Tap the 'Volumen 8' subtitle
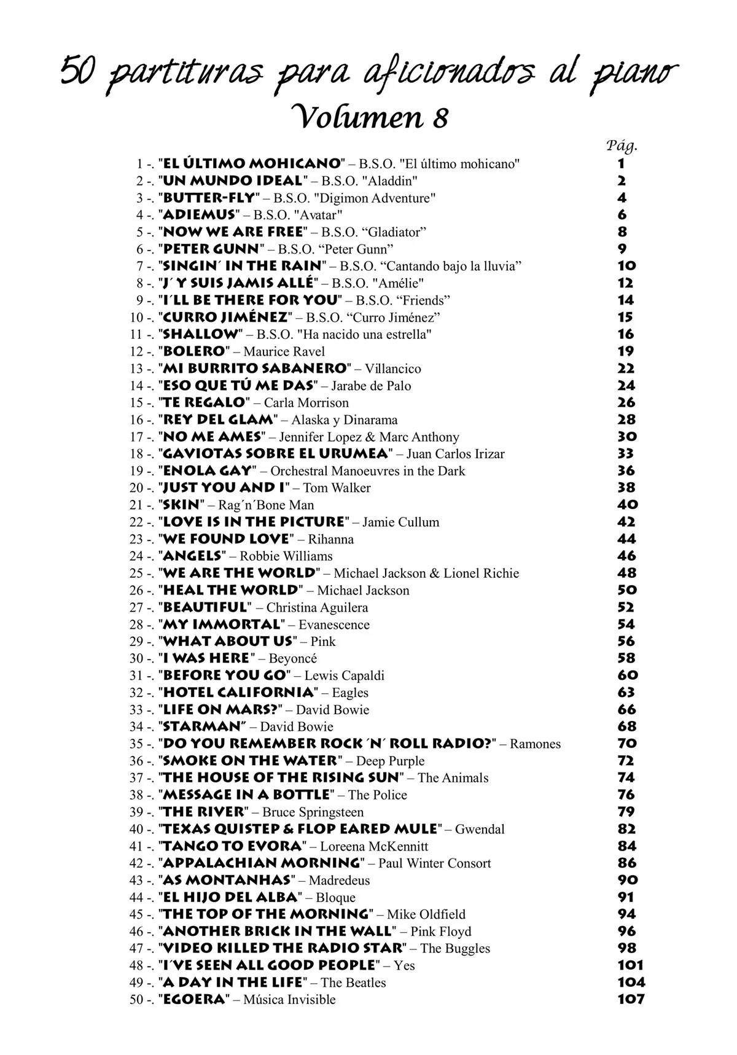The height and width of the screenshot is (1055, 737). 367,116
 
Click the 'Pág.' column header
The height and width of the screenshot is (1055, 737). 622,146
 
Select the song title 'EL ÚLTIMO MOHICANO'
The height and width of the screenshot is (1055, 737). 251,163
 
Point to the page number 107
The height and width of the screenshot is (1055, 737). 631,999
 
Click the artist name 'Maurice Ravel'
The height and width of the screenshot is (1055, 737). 284,351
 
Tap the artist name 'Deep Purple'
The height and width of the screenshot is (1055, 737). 390,761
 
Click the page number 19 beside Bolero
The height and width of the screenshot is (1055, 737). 626,351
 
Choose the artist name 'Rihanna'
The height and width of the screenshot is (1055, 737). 330,539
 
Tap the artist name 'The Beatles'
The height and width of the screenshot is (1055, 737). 353,983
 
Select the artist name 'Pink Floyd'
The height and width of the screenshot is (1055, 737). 440,932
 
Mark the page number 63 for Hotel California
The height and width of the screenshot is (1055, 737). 626,692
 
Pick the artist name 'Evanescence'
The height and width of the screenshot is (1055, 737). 334,625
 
